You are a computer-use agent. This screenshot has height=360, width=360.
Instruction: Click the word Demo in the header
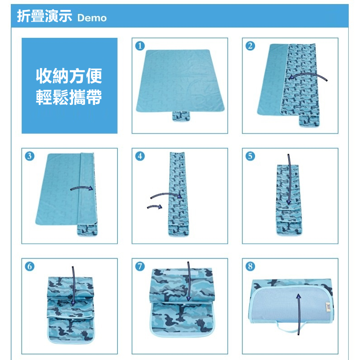[92, 18]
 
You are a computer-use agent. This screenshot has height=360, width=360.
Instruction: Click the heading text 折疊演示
[45, 16]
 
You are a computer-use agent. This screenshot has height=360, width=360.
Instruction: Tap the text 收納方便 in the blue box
[69, 76]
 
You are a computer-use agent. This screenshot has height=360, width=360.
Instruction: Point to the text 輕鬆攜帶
[69, 97]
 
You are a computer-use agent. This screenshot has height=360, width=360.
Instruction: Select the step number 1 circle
[140, 46]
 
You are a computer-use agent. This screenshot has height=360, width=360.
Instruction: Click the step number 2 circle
[250, 46]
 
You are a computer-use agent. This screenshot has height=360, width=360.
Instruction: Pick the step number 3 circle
[30, 156]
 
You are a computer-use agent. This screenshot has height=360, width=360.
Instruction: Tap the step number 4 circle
[140, 156]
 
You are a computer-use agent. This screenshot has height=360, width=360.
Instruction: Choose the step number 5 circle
[250, 156]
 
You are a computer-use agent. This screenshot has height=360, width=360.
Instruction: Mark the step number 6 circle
[30, 266]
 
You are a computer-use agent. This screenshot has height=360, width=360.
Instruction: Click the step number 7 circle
[140, 266]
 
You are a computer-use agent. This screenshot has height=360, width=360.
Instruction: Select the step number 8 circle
[250, 266]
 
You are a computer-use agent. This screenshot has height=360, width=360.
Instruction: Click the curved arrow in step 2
[308, 74]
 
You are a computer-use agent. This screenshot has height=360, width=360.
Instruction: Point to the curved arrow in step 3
[82, 187]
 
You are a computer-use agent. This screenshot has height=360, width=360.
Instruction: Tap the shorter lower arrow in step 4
[155, 206]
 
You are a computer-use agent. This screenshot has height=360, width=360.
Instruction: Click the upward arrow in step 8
[299, 314]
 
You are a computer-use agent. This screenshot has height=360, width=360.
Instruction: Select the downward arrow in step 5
[289, 179]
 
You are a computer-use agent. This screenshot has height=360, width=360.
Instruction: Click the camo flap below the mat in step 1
[181, 116]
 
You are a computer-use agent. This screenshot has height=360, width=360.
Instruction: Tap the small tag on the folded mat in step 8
[328, 307]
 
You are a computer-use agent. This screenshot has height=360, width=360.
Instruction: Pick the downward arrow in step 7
[188, 281]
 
